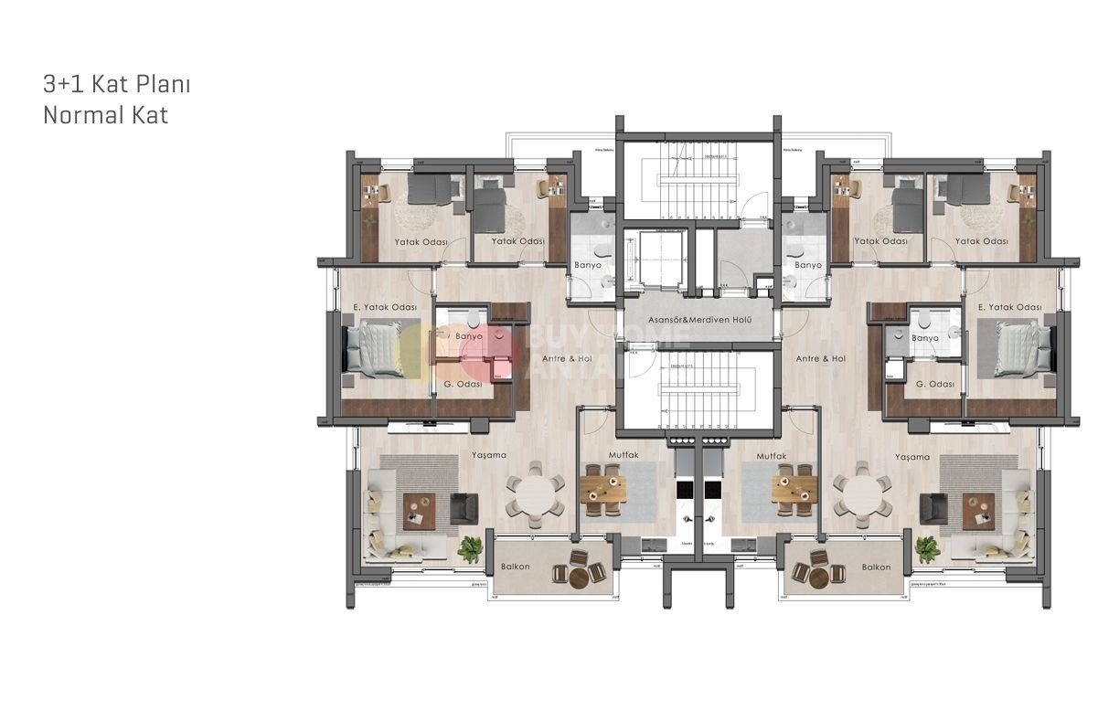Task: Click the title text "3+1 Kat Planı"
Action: (x=116, y=85)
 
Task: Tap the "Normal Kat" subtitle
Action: (x=105, y=116)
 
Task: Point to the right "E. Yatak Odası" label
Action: (x=1009, y=307)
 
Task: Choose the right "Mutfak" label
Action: (x=772, y=455)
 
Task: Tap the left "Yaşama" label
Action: (x=489, y=455)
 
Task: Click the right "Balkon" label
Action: (x=876, y=567)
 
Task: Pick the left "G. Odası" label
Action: (x=462, y=385)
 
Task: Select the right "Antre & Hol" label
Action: (x=820, y=359)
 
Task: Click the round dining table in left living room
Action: (x=537, y=495)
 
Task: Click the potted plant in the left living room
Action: (x=470, y=547)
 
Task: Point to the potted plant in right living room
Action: (x=926, y=547)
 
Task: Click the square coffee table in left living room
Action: (x=420, y=509)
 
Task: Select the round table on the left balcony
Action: (x=581, y=577)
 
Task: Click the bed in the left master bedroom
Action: (x=373, y=350)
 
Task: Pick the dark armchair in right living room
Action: (x=933, y=508)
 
